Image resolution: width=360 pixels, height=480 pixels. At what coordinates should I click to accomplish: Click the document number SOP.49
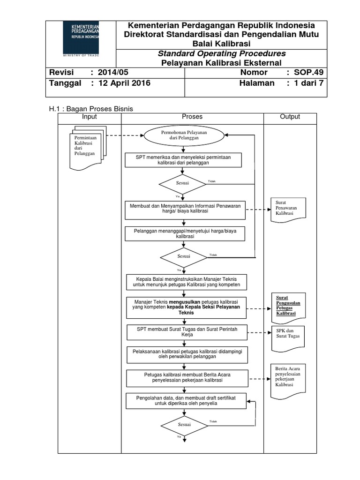pyautogui.click(x=308, y=72)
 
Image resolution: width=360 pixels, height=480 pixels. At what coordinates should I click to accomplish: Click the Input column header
pyautogui.click(x=89, y=117)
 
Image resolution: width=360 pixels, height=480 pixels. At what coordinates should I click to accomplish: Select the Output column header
pyautogui.click(x=290, y=117)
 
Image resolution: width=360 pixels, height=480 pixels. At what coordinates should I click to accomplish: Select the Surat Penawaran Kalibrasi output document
pyautogui.click(x=288, y=208)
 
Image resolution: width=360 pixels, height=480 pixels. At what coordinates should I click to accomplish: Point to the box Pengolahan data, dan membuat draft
pyautogui.click(x=185, y=401)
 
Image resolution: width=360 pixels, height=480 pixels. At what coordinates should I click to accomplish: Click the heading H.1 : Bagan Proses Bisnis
pyautogui.click(x=91, y=109)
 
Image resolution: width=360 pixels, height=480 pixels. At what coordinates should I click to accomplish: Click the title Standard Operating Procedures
pyautogui.click(x=221, y=53)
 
